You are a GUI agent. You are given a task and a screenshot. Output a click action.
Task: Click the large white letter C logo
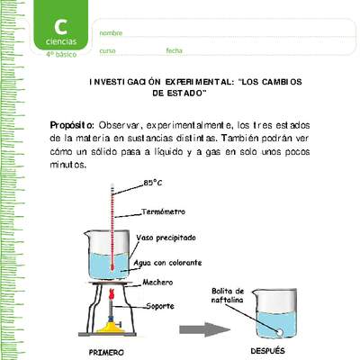(61, 27)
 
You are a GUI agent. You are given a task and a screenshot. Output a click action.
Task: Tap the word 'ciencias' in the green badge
(61, 41)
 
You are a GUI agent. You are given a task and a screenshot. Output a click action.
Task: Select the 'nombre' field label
(111, 33)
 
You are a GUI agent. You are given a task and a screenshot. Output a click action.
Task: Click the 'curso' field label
(107, 51)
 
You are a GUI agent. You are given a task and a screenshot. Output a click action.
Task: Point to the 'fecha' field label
(174, 50)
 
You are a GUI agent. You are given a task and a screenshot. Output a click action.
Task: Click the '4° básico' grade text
(61, 55)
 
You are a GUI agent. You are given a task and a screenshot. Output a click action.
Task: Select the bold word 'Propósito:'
(72, 126)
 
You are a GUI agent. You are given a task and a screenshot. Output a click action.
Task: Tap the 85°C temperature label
(153, 183)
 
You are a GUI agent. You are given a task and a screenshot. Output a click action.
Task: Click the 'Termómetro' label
(163, 211)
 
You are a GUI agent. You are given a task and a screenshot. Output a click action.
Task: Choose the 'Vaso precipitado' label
(166, 238)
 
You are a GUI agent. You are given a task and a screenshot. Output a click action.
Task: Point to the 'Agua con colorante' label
(167, 263)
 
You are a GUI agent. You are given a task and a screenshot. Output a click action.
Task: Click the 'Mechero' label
(157, 283)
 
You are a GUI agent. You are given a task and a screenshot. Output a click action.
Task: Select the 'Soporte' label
(160, 306)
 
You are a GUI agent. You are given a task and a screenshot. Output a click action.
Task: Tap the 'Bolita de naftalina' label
(228, 295)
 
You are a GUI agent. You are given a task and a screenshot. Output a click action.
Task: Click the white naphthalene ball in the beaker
(280, 332)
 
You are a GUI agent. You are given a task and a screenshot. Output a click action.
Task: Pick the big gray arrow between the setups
(205, 329)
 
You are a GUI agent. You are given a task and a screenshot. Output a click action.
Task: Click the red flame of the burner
(112, 293)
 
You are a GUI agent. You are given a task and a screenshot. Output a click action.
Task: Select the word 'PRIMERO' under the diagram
(106, 352)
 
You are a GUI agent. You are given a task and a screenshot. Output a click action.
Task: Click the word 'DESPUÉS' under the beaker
(267, 351)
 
